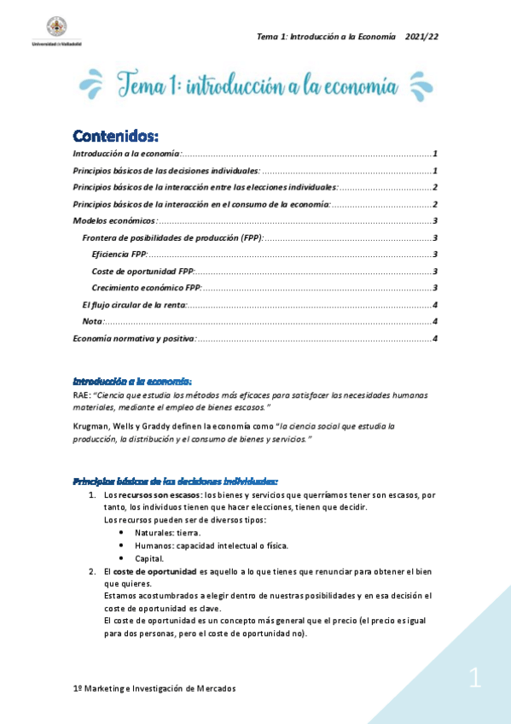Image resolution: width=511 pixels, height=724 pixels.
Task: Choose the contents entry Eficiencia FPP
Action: [x=119, y=254]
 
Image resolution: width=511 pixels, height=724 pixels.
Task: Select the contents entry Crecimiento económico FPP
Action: [x=146, y=288]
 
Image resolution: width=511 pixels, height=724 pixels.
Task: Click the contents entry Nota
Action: [x=91, y=322]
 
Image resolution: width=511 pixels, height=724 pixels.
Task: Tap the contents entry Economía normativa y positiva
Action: [x=134, y=339]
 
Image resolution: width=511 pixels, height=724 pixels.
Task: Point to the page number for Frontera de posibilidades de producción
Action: [x=435, y=238]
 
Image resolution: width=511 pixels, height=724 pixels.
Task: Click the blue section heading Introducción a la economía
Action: [x=132, y=381]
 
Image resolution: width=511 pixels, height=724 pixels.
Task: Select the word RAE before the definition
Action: [x=81, y=395]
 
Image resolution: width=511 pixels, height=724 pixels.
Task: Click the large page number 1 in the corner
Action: [x=474, y=680]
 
